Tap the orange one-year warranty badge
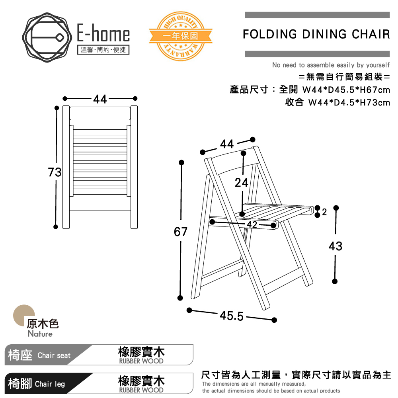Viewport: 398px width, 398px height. [x=180, y=36]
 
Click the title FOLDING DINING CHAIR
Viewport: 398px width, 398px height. [x=316, y=34]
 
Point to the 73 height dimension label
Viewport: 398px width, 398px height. [x=55, y=172]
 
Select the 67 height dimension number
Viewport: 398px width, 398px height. [x=180, y=232]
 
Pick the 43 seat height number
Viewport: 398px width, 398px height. [x=336, y=246]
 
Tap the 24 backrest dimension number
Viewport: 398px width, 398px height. [x=242, y=183]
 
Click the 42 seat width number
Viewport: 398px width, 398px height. [x=252, y=224]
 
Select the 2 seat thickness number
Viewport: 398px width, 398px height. [x=324, y=212]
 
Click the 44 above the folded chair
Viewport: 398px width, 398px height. [x=100, y=99]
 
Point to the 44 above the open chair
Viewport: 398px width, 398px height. [x=227, y=144]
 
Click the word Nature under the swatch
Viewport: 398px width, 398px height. [x=40, y=334]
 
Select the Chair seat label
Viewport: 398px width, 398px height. [x=54, y=355]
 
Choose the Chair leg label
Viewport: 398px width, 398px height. [x=50, y=384]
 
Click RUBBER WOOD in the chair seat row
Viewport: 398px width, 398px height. [x=141, y=361]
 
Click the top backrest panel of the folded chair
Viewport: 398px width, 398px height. [x=100, y=113]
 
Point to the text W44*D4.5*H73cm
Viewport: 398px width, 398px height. [x=349, y=103]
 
